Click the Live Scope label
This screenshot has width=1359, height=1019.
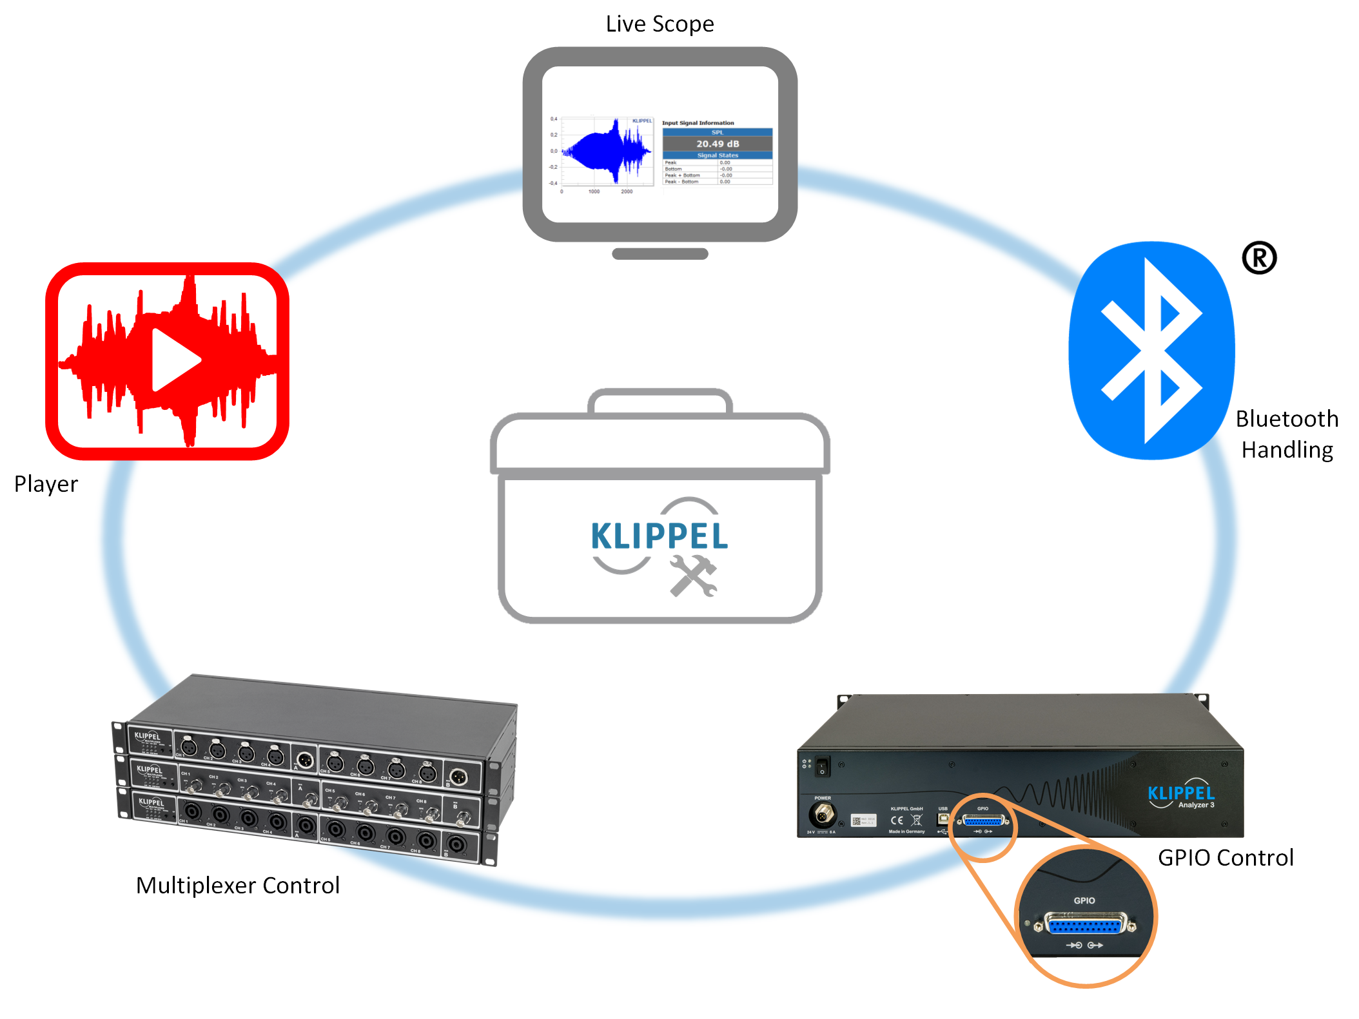pyautogui.click(x=660, y=24)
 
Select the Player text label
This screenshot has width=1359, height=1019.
pyautogui.click(x=46, y=484)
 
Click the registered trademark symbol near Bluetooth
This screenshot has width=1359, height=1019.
pyautogui.click(x=1258, y=258)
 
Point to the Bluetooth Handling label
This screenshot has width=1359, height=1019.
pyautogui.click(x=1287, y=434)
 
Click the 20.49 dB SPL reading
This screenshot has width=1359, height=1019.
pyautogui.click(x=718, y=144)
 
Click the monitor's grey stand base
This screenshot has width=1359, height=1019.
pyautogui.click(x=660, y=254)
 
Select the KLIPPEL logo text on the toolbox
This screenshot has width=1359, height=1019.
pyautogui.click(x=659, y=536)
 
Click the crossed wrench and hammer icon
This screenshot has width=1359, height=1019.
pyautogui.click(x=693, y=576)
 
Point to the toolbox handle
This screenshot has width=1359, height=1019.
pyautogui.click(x=660, y=400)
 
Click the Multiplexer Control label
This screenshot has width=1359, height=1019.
pyautogui.click(x=238, y=886)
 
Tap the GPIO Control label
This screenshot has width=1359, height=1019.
pyautogui.click(x=1226, y=858)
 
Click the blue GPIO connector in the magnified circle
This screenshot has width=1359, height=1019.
pyautogui.click(x=1086, y=926)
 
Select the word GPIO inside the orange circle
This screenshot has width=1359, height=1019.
pyautogui.click(x=1084, y=900)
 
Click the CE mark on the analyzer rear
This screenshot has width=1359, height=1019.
pyautogui.click(x=897, y=820)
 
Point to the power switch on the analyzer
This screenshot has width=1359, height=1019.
pyautogui.click(x=822, y=767)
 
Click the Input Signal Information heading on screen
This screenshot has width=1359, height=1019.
pyautogui.click(x=698, y=123)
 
